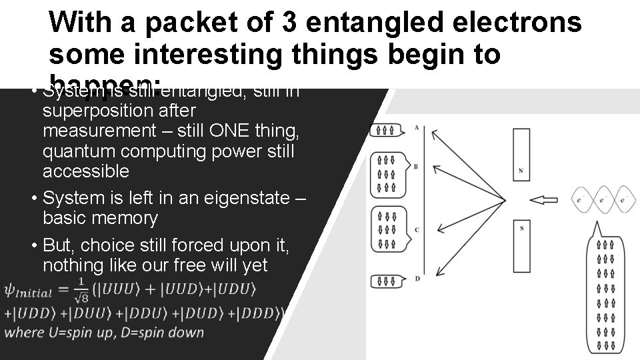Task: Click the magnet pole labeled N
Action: (520, 155)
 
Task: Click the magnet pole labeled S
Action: (520, 247)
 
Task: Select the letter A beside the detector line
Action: (416, 127)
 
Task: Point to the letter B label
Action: (416, 166)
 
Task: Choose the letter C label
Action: (416, 229)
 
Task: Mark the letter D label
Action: (417, 277)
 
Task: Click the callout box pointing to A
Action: (387, 130)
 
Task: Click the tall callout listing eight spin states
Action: (606, 293)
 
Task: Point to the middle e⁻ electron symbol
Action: (602, 199)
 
